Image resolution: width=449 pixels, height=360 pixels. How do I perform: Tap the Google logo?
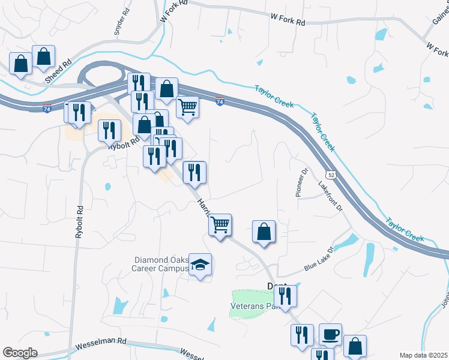point(20,353)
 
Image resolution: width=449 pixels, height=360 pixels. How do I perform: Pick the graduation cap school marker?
point(200,265)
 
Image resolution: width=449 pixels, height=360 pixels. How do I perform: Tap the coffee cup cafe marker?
point(330,334)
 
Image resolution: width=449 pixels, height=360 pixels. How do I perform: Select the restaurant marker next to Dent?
point(285,295)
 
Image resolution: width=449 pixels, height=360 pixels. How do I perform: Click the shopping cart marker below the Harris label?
point(220,224)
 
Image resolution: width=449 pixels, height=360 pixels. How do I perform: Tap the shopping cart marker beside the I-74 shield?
point(188,107)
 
